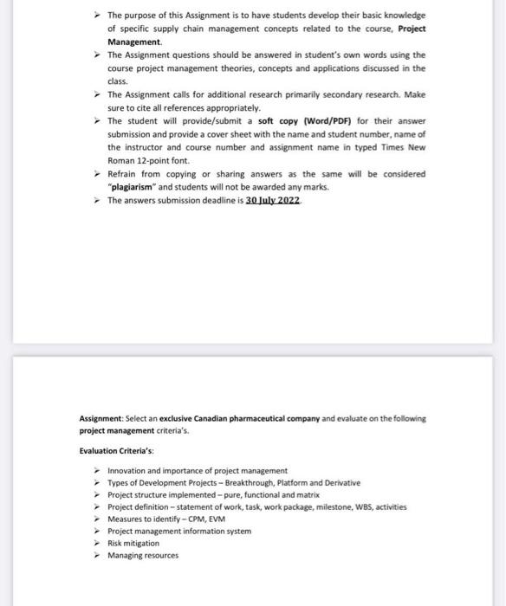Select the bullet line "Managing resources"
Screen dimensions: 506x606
click(142, 555)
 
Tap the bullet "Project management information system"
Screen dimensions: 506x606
click(179, 531)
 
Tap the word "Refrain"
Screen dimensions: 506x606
click(124, 173)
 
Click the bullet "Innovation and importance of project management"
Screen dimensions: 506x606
click(197, 470)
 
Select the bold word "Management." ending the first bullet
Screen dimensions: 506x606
click(134, 41)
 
